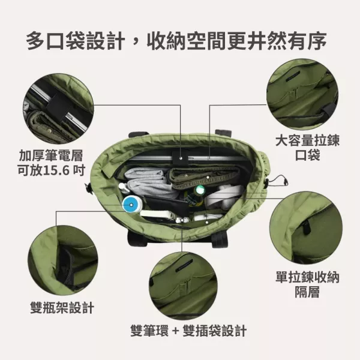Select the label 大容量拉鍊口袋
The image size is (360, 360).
pyautogui.click(x=307, y=148)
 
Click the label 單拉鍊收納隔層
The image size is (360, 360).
pyautogui.click(x=307, y=285)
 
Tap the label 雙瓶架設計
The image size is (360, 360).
pyautogui.click(x=62, y=308)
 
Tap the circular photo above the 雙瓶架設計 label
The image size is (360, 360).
pyautogui.click(x=61, y=260)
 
